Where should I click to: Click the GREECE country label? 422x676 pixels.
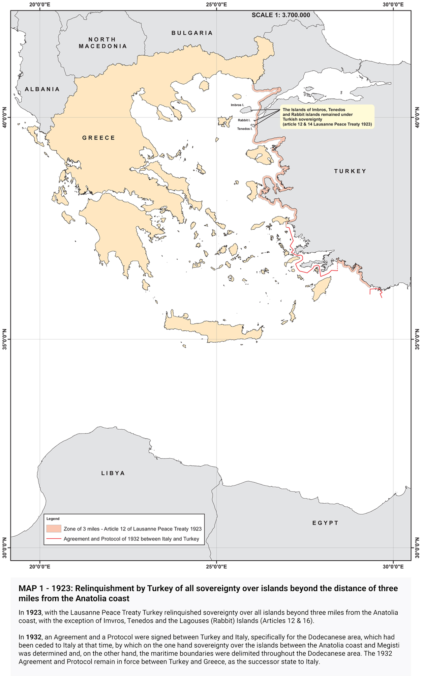coord(99,138)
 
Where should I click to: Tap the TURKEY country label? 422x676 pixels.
coord(350,171)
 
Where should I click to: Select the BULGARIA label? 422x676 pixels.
coord(192,33)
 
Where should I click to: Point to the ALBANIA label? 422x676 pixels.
coord(42,89)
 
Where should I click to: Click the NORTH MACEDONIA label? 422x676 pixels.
coord(103,43)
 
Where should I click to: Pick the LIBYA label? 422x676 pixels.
coord(113,473)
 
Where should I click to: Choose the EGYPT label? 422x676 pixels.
coord(325,523)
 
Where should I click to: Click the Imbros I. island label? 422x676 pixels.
coord(237,105)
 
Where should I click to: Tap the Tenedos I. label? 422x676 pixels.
coord(245,129)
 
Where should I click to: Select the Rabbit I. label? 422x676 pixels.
coord(244,120)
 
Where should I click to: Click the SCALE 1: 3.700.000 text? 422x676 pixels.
coord(281,15)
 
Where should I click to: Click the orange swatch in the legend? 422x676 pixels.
coord(54,528)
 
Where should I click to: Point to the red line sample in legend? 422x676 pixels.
coord(54,539)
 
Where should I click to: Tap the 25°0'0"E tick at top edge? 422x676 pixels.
coord(216,4)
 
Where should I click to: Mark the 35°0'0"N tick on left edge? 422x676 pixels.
coord(4,339)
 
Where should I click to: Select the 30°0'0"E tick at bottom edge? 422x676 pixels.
coord(393,567)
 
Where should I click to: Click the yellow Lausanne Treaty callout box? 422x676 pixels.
coord(327,117)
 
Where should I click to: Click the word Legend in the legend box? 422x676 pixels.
coord(53,519)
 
